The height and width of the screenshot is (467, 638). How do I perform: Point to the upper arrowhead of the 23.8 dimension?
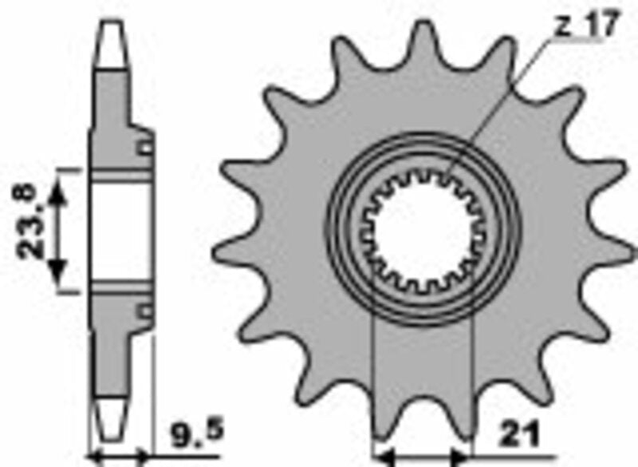tap(57, 192)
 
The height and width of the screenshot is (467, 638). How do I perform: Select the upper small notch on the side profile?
tap(144, 147)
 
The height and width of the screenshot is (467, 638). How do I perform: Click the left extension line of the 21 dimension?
tap(374, 383)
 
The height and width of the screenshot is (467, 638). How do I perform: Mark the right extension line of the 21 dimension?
tap(474, 383)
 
